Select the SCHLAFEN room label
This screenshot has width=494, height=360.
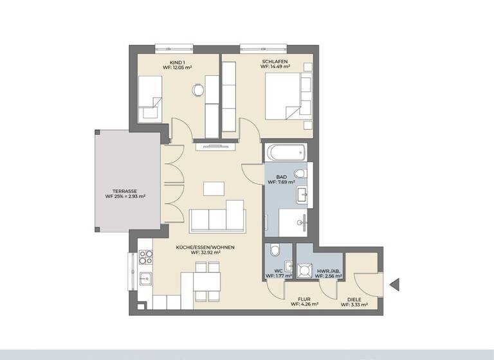(275, 62)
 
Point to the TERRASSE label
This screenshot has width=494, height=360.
(124, 191)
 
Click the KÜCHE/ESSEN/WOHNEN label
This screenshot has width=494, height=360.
(205, 248)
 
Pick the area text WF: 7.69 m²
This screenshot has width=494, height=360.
(282, 182)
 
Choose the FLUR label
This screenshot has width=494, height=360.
(304, 300)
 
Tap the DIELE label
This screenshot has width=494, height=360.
(354, 300)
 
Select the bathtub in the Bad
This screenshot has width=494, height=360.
(286, 153)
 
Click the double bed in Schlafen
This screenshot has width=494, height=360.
(289, 96)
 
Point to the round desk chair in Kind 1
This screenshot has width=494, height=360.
(198, 91)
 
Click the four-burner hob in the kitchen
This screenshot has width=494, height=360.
(145, 258)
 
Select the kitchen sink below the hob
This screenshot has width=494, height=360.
(145, 279)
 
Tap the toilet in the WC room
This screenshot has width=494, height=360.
(275, 251)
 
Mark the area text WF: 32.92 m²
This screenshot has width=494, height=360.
(205, 253)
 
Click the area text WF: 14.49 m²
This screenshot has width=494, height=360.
(275, 67)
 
